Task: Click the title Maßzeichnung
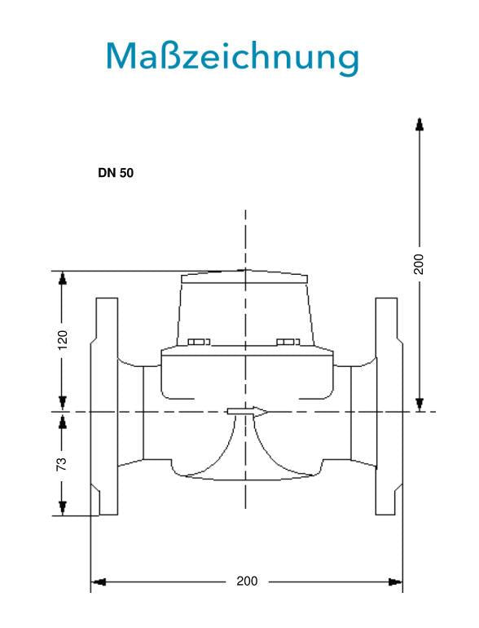(232, 57)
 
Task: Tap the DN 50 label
(116, 173)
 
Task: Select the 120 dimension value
(63, 340)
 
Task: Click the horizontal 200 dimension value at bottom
(247, 582)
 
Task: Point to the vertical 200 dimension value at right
(418, 263)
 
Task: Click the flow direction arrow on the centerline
(248, 412)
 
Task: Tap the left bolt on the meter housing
(199, 342)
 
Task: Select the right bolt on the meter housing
(288, 342)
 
